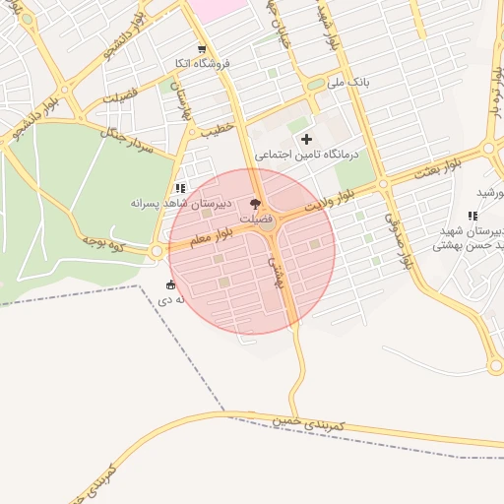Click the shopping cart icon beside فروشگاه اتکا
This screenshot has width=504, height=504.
(202, 48)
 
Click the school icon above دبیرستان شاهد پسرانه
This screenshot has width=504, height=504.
(178, 187)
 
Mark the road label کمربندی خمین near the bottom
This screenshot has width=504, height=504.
(313, 419)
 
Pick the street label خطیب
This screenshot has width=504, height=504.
(215, 128)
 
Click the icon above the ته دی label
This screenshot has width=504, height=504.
(171, 284)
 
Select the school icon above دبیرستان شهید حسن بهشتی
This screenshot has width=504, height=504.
(473, 215)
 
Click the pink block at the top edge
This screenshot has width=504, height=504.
(218, 6)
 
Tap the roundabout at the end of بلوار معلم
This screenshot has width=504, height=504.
(157, 252)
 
